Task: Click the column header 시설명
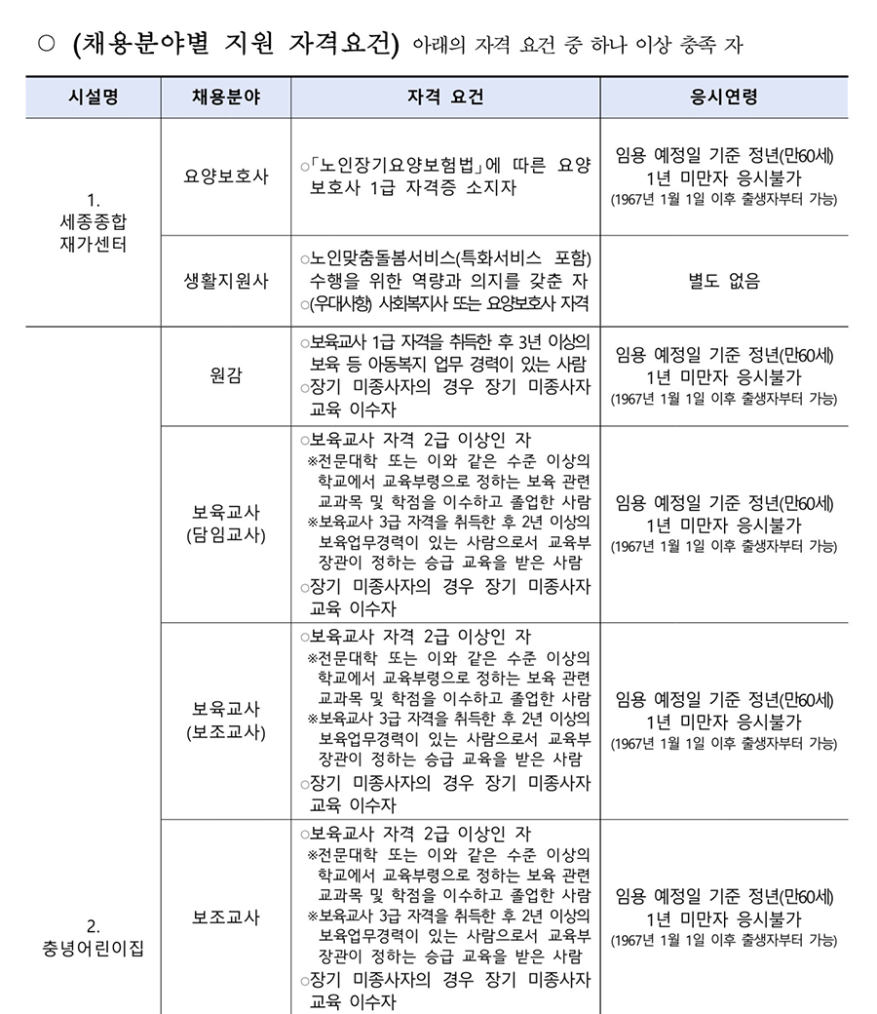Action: [x=94, y=97]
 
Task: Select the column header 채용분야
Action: [x=226, y=97]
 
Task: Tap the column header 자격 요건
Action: [x=445, y=97]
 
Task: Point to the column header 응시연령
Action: [x=724, y=97]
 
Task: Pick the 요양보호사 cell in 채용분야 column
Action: [x=226, y=176]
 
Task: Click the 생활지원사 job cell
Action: [x=226, y=280]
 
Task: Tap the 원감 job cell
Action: [x=226, y=375]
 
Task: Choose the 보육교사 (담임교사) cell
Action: [x=226, y=524]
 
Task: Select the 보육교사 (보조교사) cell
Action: [x=226, y=720]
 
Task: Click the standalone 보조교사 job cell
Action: [x=226, y=916]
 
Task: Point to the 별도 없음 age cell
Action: [x=724, y=281]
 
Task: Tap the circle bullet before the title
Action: [x=44, y=46]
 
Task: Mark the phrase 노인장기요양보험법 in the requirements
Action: [x=395, y=166]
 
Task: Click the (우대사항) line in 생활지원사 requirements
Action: [x=448, y=303]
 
